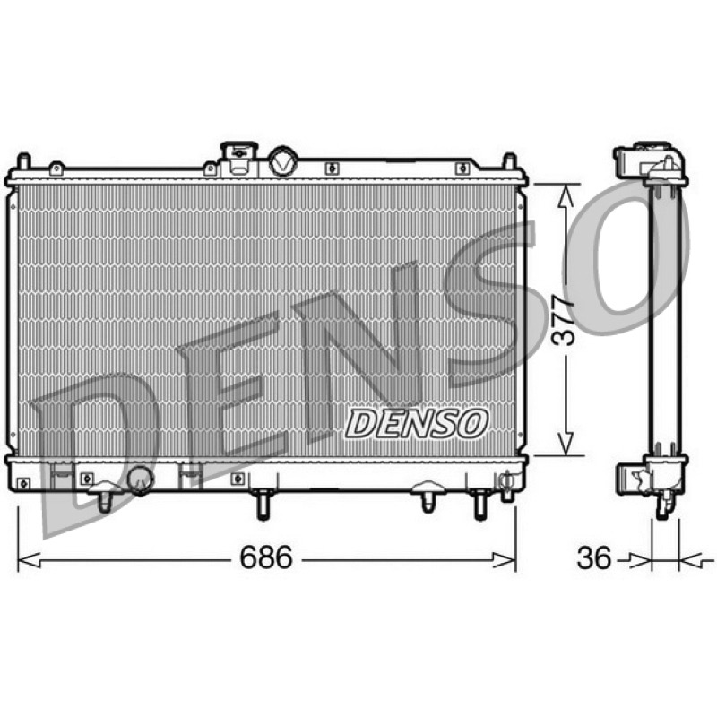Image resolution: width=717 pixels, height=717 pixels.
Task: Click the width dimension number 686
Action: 265,557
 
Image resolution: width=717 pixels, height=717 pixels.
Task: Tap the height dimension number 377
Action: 562,320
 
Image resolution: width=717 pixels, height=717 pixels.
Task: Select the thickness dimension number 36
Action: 594,557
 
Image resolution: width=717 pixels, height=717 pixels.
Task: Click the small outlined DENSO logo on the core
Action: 416,423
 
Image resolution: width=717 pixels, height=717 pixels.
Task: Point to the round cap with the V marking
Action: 283,161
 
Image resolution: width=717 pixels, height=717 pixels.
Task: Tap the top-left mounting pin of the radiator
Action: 23,162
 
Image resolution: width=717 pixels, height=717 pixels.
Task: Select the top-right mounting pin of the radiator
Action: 509,162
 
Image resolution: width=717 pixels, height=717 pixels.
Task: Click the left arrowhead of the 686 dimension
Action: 29,559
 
